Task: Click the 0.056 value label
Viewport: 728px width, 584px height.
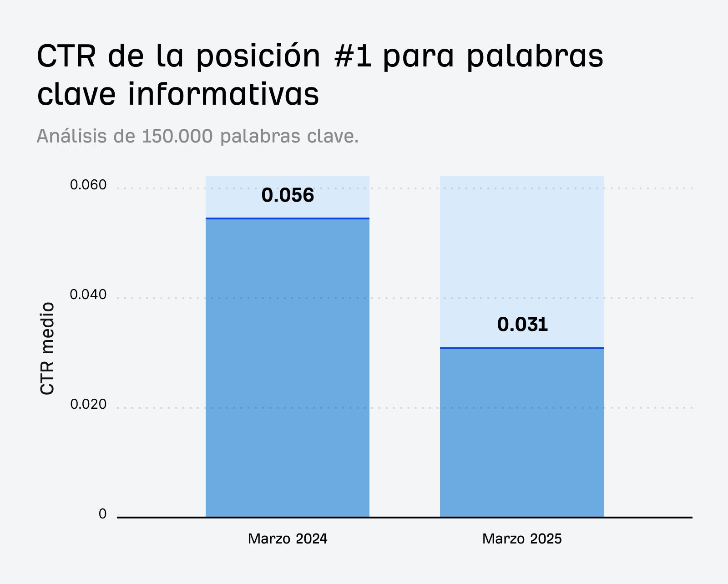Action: point(288,195)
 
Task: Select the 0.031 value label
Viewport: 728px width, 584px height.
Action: point(522,325)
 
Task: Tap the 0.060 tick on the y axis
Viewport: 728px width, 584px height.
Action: point(88,185)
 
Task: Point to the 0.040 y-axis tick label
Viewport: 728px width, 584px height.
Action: point(88,295)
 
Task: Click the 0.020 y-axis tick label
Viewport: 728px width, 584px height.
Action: point(88,405)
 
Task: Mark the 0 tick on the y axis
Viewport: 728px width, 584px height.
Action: point(102,514)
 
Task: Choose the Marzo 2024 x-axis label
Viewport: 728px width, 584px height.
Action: point(288,539)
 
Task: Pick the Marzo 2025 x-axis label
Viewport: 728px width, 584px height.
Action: point(522,539)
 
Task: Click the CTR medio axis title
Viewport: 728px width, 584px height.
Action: point(47,349)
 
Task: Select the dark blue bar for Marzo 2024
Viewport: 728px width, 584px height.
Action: point(288,369)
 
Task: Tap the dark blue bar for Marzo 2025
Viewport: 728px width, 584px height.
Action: point(522,432)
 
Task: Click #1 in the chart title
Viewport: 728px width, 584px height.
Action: point(353,57)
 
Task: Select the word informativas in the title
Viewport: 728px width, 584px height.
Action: point(223,95)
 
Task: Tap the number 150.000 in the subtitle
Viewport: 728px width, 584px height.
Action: point(177,136)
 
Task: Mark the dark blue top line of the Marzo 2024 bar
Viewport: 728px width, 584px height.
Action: point(288,218)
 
